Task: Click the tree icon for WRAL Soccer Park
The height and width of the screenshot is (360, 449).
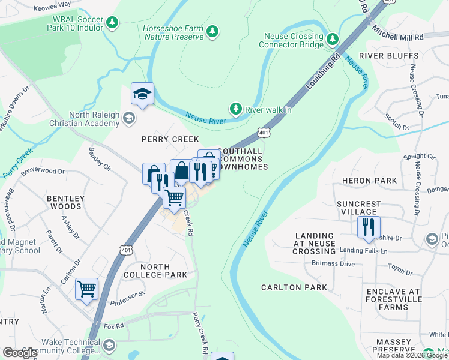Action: coord(112,23)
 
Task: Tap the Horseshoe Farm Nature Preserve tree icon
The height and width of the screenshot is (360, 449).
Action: coord(211,31)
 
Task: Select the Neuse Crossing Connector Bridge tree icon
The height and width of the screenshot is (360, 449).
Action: coord(333,40)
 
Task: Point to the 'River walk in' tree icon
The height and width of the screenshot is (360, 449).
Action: coord(236,109)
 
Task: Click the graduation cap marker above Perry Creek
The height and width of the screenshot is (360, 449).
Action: coord(142,94)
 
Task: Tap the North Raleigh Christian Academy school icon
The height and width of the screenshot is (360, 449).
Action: coord(128,119)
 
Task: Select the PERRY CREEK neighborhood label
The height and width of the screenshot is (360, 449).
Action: coord(161,139)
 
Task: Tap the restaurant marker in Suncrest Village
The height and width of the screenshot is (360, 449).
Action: coord(368,227)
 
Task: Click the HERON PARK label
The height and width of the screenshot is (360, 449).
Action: coord(369,181)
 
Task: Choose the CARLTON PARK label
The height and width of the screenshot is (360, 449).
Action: coord(294,287)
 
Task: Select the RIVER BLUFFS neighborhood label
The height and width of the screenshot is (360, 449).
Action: coord(388,56)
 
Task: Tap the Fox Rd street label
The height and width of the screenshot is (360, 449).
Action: coord(113,327)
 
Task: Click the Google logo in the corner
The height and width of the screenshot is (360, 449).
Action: coord(21,353)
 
